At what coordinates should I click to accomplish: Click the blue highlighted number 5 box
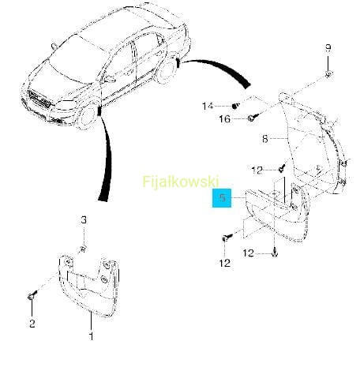click(x=222, y=198)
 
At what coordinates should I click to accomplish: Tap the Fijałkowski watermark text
click(x=181, y=182)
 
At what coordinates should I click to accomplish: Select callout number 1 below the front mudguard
click(x=91, y=336)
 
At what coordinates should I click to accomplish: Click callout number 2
click(x=32, y=324)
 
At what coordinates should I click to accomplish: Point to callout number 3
click(x=84, y=219)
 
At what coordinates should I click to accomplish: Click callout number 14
click(x=208, y=106)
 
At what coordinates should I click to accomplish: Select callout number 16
click(x=225, y=119)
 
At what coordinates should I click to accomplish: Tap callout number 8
click(x=265, y=139)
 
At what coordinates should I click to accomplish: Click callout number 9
click(x=328, y=48)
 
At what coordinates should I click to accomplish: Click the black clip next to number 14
click(x=235, y=106)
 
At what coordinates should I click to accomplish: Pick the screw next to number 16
click(x=253, y=118)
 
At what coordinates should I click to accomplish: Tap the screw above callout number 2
click(x=32, y=295)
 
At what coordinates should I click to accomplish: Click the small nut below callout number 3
click(x=83, y=249)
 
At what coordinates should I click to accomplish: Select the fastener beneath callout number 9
click(x=328, y=74)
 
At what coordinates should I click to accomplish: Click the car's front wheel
click(x=88, y=118)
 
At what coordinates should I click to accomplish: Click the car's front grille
click(x=39, y=98)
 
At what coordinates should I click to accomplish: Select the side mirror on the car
click(x=110, y=78)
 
